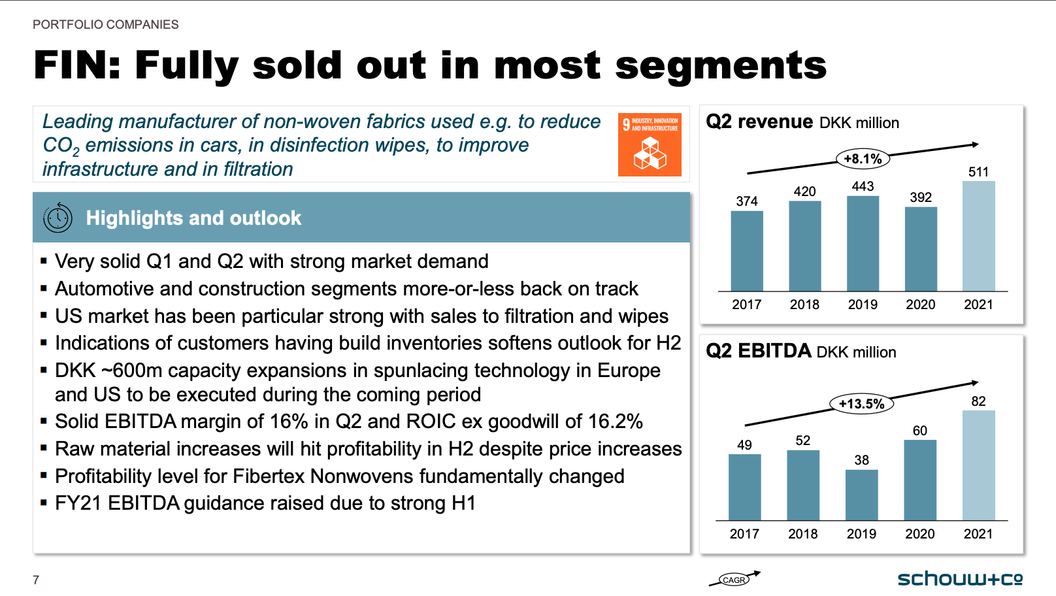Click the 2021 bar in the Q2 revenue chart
979,236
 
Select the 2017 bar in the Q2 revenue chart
747,251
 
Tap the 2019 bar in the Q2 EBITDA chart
861,495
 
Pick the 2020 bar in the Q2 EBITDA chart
920,480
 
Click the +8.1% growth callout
863,158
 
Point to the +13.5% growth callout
861,404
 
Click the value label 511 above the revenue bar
978,172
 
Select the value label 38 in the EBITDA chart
861,459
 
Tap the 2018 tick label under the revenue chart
804,305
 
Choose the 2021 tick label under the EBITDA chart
978,534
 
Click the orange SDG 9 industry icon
650,145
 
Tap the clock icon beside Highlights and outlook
58,218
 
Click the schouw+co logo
960,579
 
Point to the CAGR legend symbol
734,579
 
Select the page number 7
36,580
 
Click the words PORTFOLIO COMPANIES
106,25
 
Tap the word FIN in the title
77,65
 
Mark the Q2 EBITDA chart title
800,352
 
